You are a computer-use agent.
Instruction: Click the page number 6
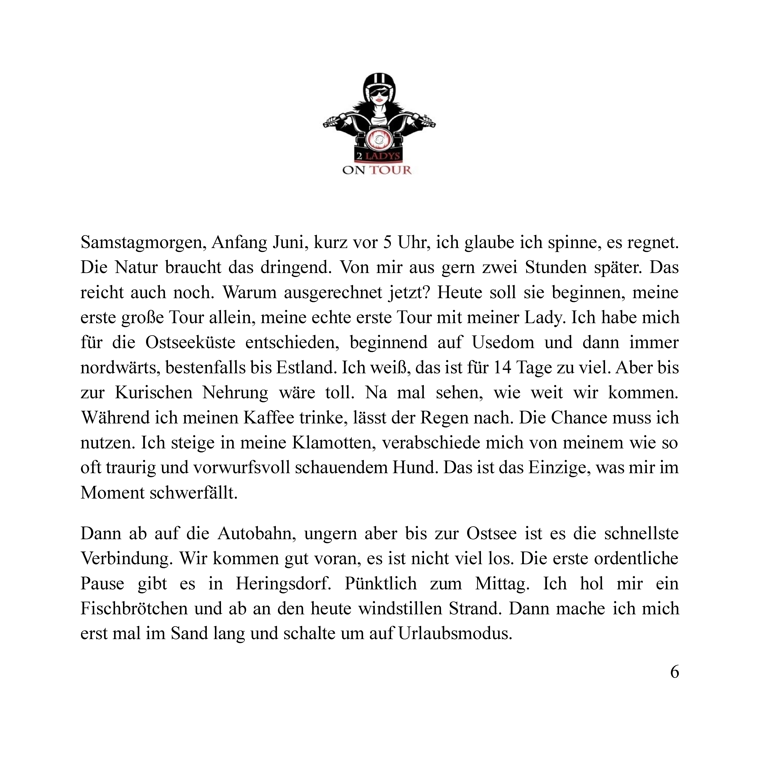(x=674, y=672)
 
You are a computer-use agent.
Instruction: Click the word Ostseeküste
(x=190, y=343)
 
